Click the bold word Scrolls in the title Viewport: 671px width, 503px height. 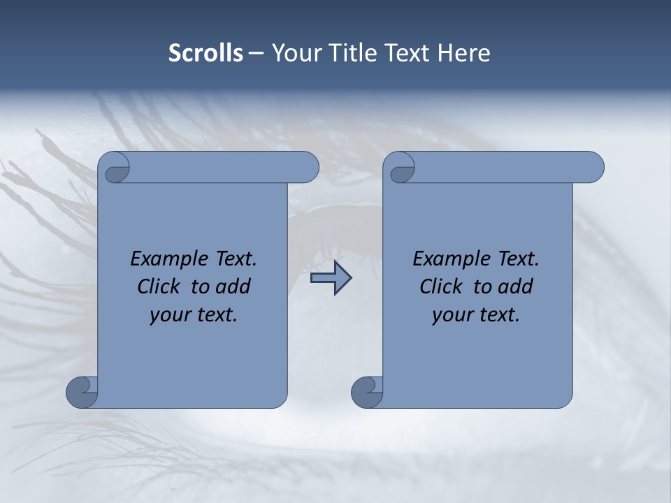coord(205,53)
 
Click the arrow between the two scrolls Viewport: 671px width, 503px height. coord(331,278)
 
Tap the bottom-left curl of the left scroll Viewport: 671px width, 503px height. coord(82,392)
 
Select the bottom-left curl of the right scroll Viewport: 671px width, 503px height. coord(367,392)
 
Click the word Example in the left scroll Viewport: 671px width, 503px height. coord(166,259)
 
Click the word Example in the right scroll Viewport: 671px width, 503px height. coord(448,259)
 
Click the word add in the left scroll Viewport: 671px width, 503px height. coord(233,287)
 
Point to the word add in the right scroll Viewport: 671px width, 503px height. coord(515,287)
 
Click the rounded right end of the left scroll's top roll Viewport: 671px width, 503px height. coord(308,168)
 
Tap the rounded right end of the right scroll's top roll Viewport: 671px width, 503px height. coord(593,168)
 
